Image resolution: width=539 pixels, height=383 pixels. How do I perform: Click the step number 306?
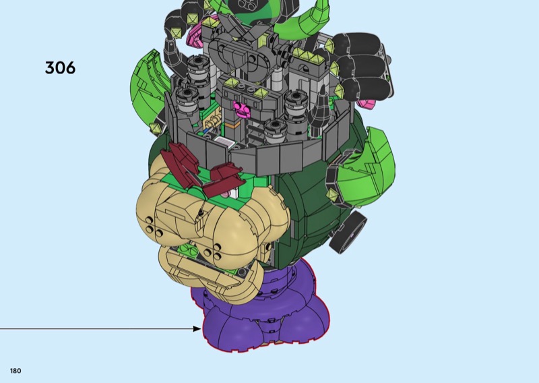(60, 68)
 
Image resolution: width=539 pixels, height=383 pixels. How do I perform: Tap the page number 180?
(15, 371)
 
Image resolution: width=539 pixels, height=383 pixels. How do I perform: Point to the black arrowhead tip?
(201, 328)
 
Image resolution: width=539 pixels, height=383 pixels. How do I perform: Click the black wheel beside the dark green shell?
(348, 232)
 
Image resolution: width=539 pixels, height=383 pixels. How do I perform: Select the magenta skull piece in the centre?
(243, 109)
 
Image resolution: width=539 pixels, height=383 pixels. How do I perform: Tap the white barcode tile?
(224, 141)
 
